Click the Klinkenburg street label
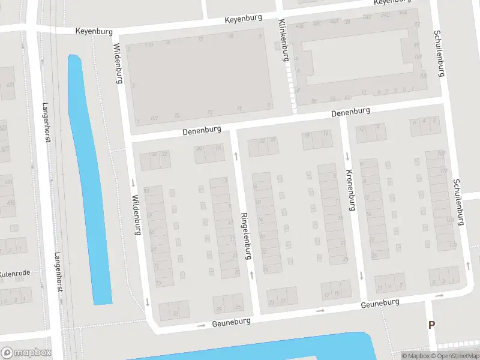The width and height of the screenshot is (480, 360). pos(283,41)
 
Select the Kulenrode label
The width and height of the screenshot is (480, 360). pos(13,274)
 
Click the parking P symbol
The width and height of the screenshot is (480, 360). pos(431,325)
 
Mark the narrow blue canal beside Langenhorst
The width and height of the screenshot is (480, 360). pos(90,180)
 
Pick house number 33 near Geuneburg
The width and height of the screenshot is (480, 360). pos(175,313)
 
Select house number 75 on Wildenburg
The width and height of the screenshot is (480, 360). pos(158,282)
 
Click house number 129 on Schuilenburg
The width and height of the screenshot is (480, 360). pos(453,246)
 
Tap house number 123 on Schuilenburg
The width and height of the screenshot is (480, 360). pos(450,220)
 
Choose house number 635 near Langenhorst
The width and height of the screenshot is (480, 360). pos(10,203)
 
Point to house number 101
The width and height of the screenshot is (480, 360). pos(418,56)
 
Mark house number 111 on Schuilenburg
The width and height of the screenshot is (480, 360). pos(443,171)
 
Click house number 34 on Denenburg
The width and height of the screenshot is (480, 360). pos(154,155)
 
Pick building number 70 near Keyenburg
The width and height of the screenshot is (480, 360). pos(230,37)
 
